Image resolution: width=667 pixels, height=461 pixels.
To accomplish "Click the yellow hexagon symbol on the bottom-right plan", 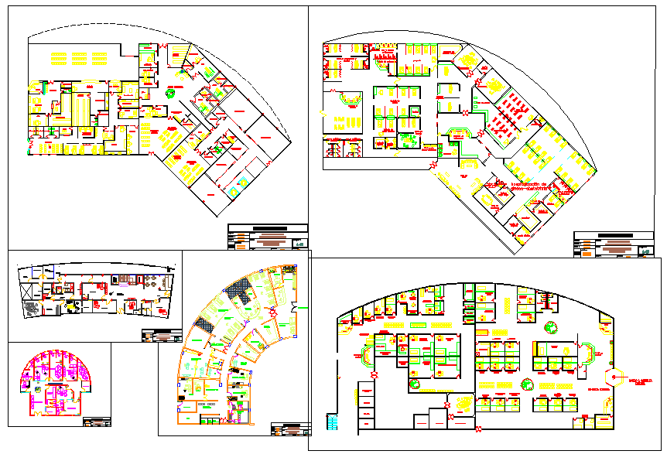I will click(x=616, y=377).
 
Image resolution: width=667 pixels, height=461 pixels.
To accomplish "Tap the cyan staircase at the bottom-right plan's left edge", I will click(x=333, y=421).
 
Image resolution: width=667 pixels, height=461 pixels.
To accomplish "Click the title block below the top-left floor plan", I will click(x=268, y=237).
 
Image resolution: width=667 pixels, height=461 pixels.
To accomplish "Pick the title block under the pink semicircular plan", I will click(x=97, y=422).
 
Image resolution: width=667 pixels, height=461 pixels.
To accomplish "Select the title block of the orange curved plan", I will click(x=291, y=429).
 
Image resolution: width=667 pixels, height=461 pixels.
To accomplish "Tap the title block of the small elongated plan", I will click(x=161, y=336).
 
